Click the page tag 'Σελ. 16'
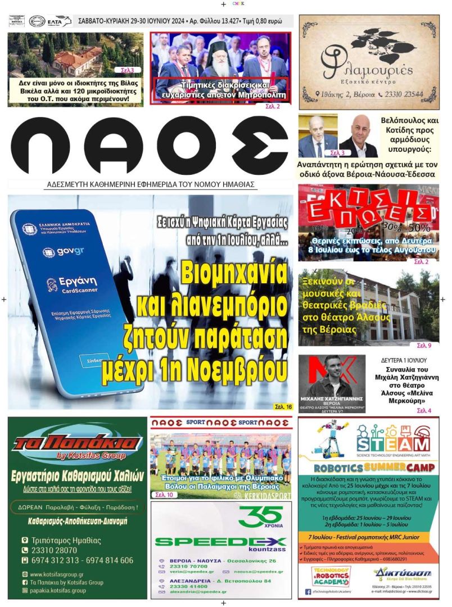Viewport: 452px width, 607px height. [283, 406]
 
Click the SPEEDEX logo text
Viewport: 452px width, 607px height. [220, 542]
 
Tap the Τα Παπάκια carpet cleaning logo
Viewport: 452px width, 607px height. [78, 444]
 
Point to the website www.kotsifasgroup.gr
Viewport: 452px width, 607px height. [57, 574]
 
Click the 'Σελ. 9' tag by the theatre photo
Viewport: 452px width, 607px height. [424, 345]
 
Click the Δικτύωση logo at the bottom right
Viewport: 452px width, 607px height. [402, 574]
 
